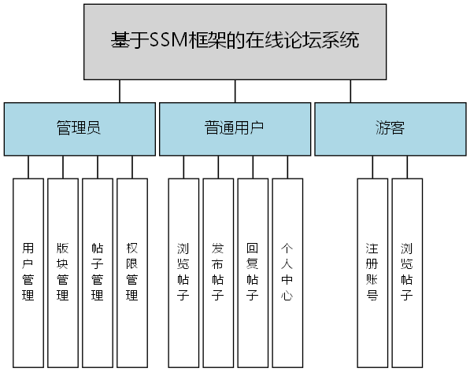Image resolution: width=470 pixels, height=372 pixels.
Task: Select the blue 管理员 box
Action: pos(79,128)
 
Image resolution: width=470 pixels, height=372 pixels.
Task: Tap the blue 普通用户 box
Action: pos(234,128)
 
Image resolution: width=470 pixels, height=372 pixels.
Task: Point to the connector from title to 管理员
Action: pos(120,91)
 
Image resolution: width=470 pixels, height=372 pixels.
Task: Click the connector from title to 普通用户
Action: pos(235,91)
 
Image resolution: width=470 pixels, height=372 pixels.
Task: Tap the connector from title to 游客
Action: pos(350,91)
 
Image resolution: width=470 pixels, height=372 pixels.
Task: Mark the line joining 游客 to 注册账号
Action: pos(372,166)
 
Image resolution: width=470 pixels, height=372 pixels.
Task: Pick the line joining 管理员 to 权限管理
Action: pos(132,166)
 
